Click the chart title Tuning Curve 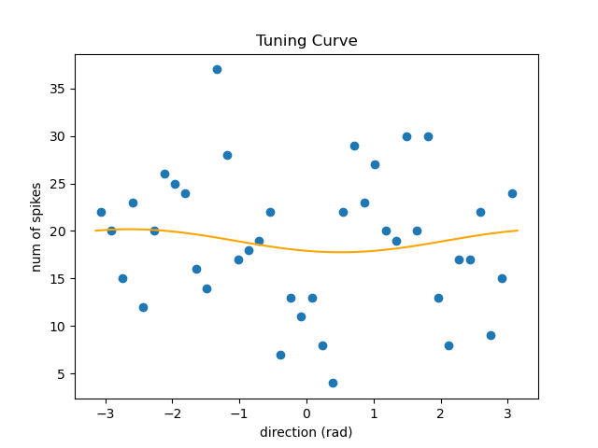click(x=306, y=41)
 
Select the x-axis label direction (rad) click(x=306, y=433)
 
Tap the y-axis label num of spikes click(x=36, y=227)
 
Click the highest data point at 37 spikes click(x=217, y=69)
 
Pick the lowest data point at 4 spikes click(x=333, y=383)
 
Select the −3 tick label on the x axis click(x=106, y=414)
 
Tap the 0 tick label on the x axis click(x=306, y=414)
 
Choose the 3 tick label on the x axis click(x=507, y=414)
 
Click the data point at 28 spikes click(x=227, y=155)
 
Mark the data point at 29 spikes click(x=354, y=146)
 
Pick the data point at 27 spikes click(x=375, y=164)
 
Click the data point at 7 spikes click(x=280, y=355)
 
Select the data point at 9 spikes click(x=491, y=335)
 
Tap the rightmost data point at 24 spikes click(x=512, y=193)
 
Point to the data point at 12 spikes click(x=143, y=307)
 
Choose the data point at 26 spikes click(x=164, y=174)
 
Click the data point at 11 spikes click(x=301, y=316)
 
